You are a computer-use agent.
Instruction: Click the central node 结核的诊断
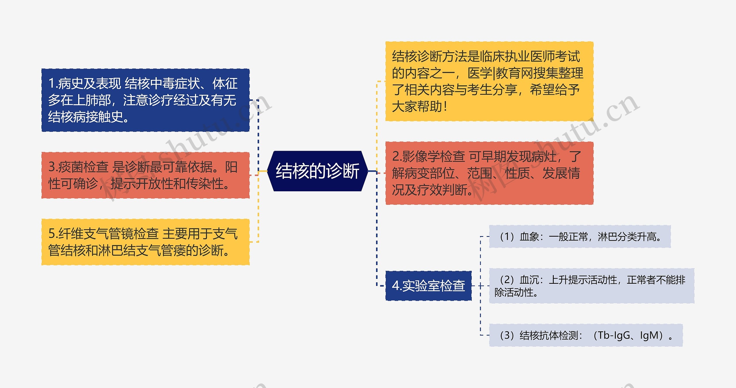tap(317, 171)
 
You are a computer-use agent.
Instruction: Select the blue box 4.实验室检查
tap(428, 286)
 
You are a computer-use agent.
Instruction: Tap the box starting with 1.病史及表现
tap(145, 100)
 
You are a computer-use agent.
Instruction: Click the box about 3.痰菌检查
tap(145, 175)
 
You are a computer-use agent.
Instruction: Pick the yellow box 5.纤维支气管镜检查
tap(145, 242)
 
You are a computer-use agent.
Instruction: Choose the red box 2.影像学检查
tap(489, 173)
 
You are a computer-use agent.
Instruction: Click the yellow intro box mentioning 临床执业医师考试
tap(489, 81)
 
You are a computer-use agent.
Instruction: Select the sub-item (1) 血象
tap(580, 237)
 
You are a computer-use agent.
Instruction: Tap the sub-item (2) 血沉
tap(592, 286)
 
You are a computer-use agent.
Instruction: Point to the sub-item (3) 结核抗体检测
tap(586, 335)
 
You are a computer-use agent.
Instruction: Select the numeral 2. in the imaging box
tap(397, 157)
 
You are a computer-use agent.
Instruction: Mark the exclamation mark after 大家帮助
tap(445, 107)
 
